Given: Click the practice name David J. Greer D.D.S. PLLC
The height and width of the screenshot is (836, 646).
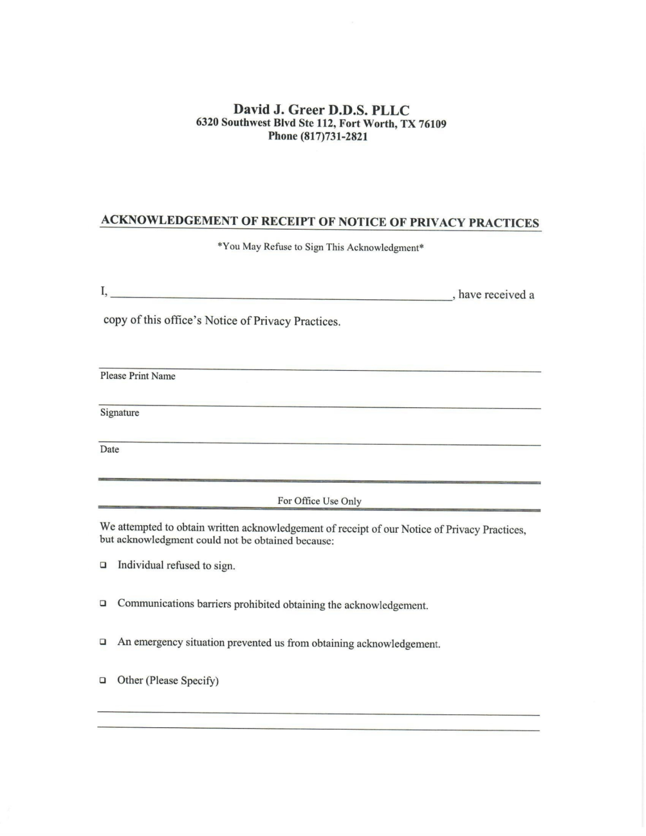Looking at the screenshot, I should tap(321, 110).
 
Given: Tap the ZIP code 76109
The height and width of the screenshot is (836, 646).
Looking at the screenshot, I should tap(432, 124).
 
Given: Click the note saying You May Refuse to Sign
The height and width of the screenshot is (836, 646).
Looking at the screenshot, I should tap(321, 247).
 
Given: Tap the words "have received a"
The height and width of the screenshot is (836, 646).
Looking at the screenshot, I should tap(496, 295).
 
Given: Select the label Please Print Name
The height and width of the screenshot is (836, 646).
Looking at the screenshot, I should tap(138, 376).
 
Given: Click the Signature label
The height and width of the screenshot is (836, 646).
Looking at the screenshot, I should tap(120, 413).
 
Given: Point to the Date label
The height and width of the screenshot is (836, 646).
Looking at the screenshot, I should tap(109, 450).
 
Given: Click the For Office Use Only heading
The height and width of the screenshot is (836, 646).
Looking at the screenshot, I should tap(319, 501).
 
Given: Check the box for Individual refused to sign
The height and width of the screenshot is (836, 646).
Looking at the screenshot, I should tap(103, 565).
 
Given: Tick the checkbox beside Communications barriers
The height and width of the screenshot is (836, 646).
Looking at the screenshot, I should tap(103, 604).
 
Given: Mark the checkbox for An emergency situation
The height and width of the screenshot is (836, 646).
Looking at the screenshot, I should tap(103, 642).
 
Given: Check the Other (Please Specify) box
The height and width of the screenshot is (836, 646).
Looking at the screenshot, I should tap(103, 680).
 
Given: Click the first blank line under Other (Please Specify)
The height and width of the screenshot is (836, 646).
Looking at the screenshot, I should tap(318, 714).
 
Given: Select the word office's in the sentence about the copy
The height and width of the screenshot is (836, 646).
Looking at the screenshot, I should tap(183, 321).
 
